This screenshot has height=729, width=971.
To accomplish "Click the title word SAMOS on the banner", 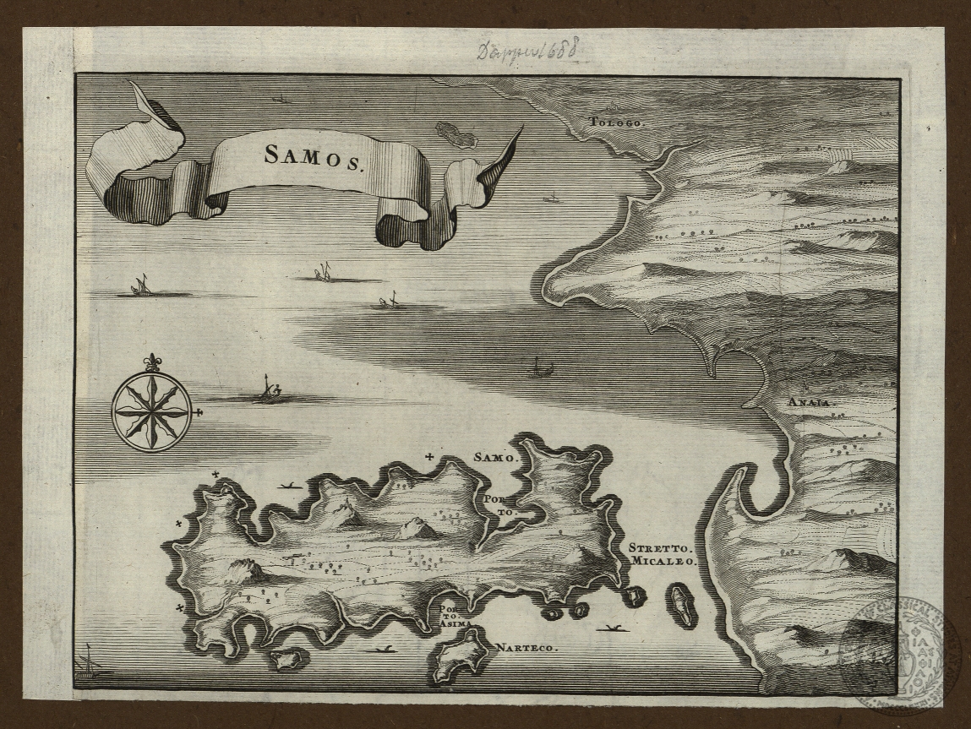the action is point(314,155).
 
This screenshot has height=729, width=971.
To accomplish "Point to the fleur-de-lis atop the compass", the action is point(152,362).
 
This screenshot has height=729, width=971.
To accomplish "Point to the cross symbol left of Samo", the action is point(431,457).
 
